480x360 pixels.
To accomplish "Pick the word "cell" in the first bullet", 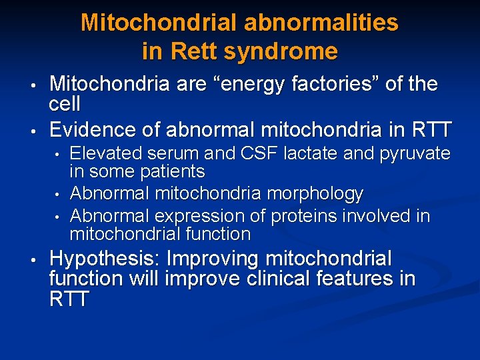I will (65, 104).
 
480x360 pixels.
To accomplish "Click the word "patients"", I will (173, 172).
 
